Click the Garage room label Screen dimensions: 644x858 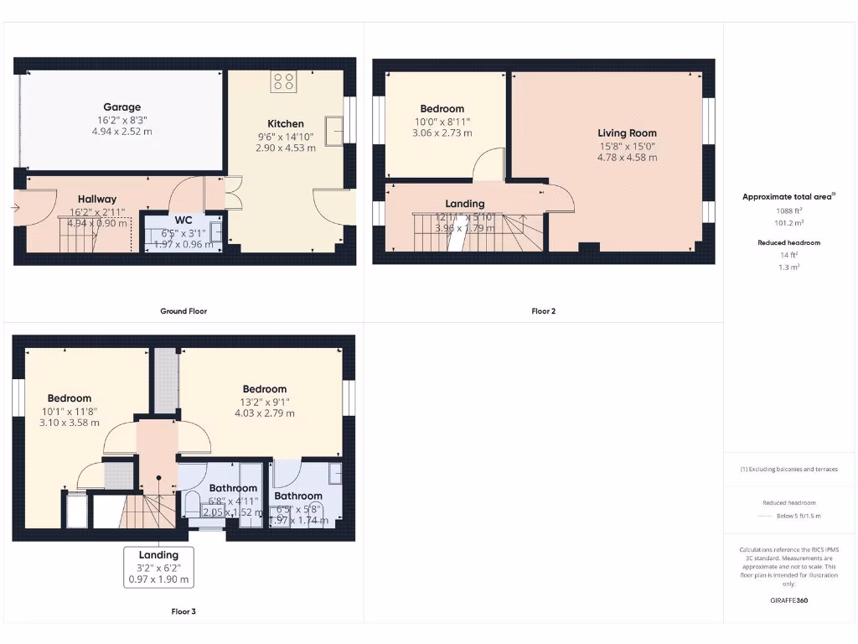[x=121, y=107]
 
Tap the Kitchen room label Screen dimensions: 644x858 [x=286, y=124]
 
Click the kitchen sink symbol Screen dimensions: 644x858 [x=334, y=130]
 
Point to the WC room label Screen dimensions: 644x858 [x=183, y=221]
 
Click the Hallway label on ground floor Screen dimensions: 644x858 [x=97, y=199]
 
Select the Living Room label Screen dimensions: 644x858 [x=627, y=133]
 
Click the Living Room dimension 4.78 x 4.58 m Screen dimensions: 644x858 [x=627, y=157]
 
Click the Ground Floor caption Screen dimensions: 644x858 [x=183, y=311]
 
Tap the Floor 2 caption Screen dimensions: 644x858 [x=543, y=311]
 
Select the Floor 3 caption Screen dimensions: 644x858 [x=183, y=611]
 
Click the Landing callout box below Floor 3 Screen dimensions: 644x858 [x=158, y=567]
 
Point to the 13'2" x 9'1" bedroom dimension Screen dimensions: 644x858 [x=264, y=401]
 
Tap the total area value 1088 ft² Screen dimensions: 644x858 [x=788, y=211]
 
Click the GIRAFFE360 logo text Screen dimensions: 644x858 [x=788, y=600]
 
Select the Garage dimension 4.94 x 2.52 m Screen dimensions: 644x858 [x=121, y=132]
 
